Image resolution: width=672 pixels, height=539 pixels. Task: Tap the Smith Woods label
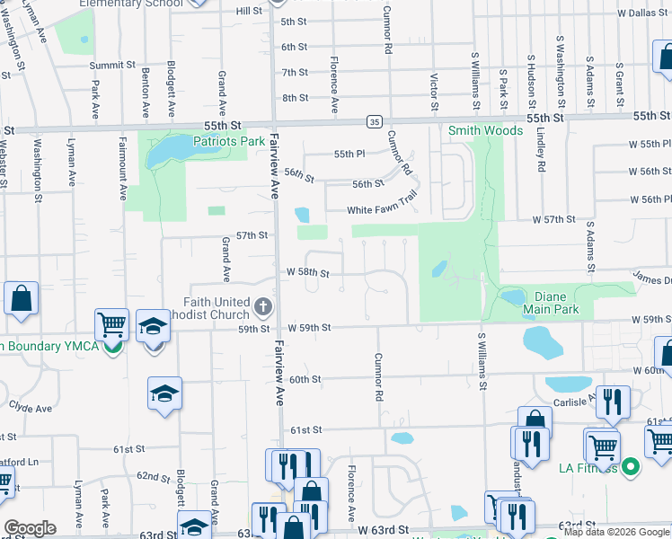click(x=485, y=130)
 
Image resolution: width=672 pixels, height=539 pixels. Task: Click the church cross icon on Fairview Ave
click(x=263, y=307)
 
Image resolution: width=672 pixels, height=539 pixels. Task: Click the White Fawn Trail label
click(x=384, y=211)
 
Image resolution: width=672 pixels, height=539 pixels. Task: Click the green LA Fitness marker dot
click(x=631, y=466)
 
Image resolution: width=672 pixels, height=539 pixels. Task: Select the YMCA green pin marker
click(x=112, y=346)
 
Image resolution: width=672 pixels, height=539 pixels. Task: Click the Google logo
click(x=30, y=527)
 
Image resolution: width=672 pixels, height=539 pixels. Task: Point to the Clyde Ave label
click(x=31, y=408)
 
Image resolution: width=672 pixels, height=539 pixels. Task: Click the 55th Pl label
click(x=349, y=154)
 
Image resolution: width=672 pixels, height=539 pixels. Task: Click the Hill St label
click(x=248, y=11)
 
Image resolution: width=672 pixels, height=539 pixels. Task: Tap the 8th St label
click(x=295, y=97)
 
